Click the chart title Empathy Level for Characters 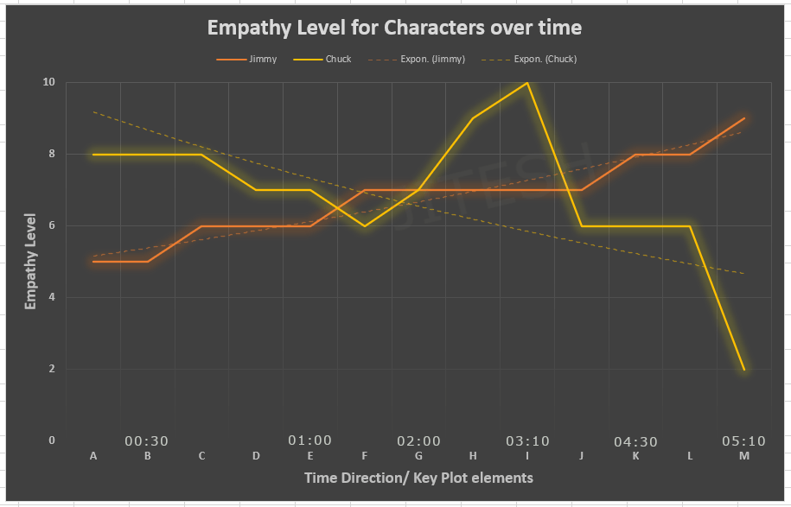[394, 28]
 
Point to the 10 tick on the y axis [48, 82]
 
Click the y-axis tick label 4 [52, 297]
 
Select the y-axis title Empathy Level [30, 261]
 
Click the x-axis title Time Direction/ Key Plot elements [418, 478]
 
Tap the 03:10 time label [527, 441]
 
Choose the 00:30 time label [147, 441]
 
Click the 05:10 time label [743, 441]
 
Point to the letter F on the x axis [365, 455]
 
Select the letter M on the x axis [744, 455]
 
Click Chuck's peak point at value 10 [527, 83]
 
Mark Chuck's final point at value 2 [744, 370]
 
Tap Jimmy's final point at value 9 [744, 118]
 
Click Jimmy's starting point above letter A [93, 262]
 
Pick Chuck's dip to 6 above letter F [365, 225]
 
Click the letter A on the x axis [93, 455]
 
